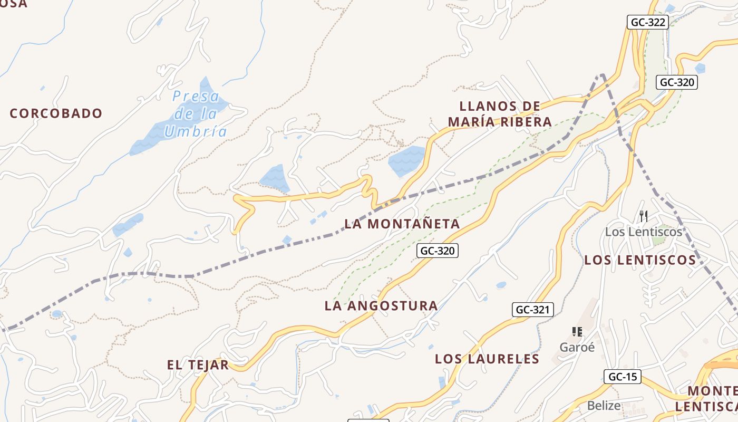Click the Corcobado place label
click(x=56, y=113)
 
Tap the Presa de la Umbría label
click(x=196, y=114)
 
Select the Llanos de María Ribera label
click(x=500, y=114)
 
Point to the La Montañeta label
click(x=402, y=224)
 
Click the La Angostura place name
click(x=381, y=305)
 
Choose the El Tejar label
click(x=198, y=365)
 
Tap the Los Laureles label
click(x=487, y=359)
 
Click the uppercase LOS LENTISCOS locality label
click(x=640, y=260)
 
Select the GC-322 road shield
click(x=648, y=22)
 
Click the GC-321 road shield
click(x=533, y=310)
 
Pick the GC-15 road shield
click(x=622, y=377)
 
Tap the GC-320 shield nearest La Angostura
click(x=438, y=251)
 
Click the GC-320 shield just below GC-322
click(x=677, y=82)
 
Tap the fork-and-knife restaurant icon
click(x=643, y=216)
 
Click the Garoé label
click(x=577, y=347)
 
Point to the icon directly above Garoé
click(x=577, y=332)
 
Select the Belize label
click(x=604, y=406)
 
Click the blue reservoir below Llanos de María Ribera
click(x=407, y=160)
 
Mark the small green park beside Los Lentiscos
click(x=658, y=241)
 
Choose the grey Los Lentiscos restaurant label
click(x=643, y=232)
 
